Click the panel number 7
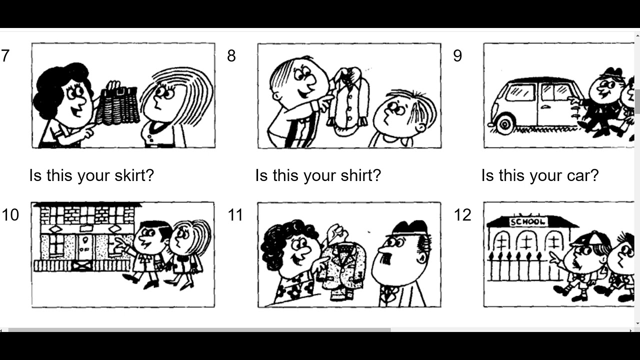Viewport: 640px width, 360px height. [5, 55]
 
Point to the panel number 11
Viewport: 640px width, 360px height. [235, 215]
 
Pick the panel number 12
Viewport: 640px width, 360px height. [462, 215]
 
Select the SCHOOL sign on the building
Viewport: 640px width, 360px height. [528, 222]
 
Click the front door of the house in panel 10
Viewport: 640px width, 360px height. [84, 248]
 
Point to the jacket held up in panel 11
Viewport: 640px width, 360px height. [343, 270]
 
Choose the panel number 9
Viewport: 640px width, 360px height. [457, 55]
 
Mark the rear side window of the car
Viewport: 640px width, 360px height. [520, 92]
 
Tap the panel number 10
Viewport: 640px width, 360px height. [10, 215]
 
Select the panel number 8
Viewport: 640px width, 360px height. [231, 55]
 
